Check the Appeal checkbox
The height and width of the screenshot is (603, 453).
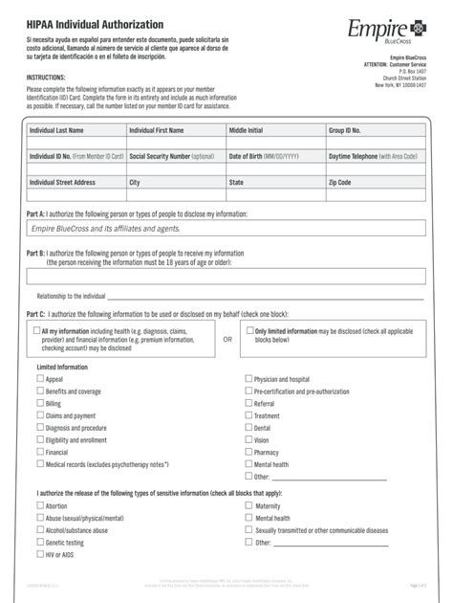[40, 379]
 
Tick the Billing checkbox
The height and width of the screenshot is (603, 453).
[40, 403]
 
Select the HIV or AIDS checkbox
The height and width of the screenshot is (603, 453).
[40, 553]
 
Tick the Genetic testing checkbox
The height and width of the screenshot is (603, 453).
[40, 542]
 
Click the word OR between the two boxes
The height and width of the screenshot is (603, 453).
[227, 338]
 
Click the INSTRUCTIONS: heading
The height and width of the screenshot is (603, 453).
[46, 76]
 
